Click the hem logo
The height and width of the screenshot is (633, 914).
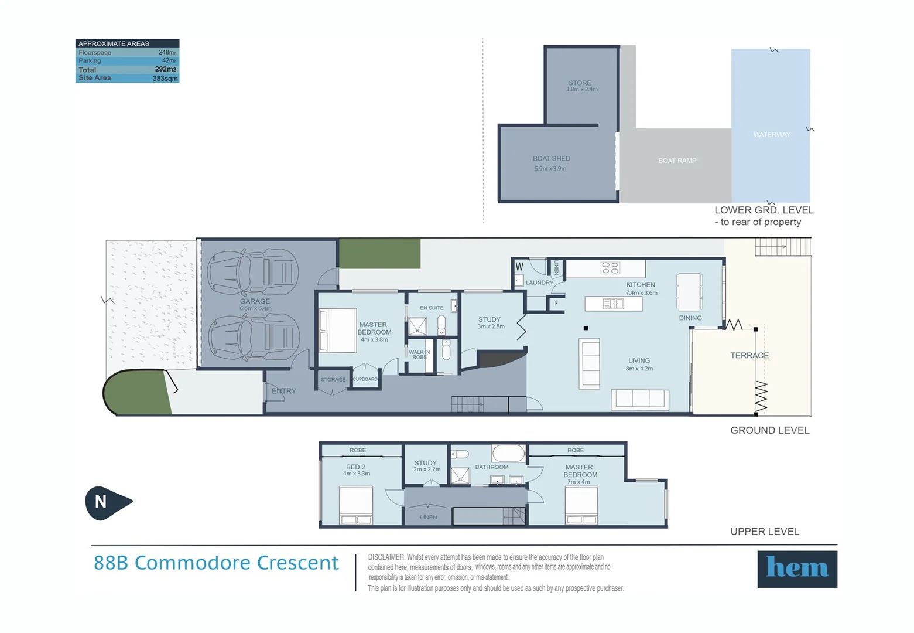(797, 569)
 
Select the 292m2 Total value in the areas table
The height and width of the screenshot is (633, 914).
(165, 69)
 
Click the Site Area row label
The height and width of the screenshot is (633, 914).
(95, 78)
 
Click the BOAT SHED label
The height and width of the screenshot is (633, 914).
(551, 159)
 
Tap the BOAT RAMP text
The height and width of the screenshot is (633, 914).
(677, 161)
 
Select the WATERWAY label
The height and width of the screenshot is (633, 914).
(771, 135)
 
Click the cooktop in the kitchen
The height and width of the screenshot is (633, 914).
(610, 268)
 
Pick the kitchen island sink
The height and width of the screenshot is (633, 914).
(614, 304)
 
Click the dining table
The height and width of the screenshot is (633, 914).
(689, 292)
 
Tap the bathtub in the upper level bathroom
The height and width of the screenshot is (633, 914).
(508, 454)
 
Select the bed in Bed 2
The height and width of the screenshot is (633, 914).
(356, 505)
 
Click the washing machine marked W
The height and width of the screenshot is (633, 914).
(519, 267)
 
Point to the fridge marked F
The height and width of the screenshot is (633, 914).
(556, 304)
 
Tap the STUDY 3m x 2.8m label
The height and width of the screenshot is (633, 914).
(491, 323)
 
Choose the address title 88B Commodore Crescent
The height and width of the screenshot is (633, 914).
(216, 563)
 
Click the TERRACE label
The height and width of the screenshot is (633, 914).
(749, 355)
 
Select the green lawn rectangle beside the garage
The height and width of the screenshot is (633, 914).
(380, 254)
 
